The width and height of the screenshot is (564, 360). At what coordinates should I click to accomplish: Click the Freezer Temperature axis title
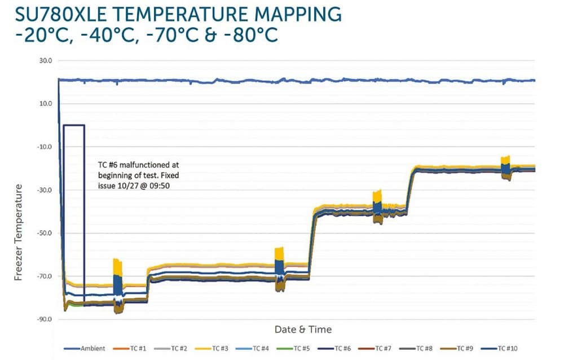[18, 232]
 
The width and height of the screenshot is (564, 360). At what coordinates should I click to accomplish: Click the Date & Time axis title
[303, 330]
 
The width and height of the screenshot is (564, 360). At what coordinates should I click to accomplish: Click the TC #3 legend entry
[217, 349]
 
